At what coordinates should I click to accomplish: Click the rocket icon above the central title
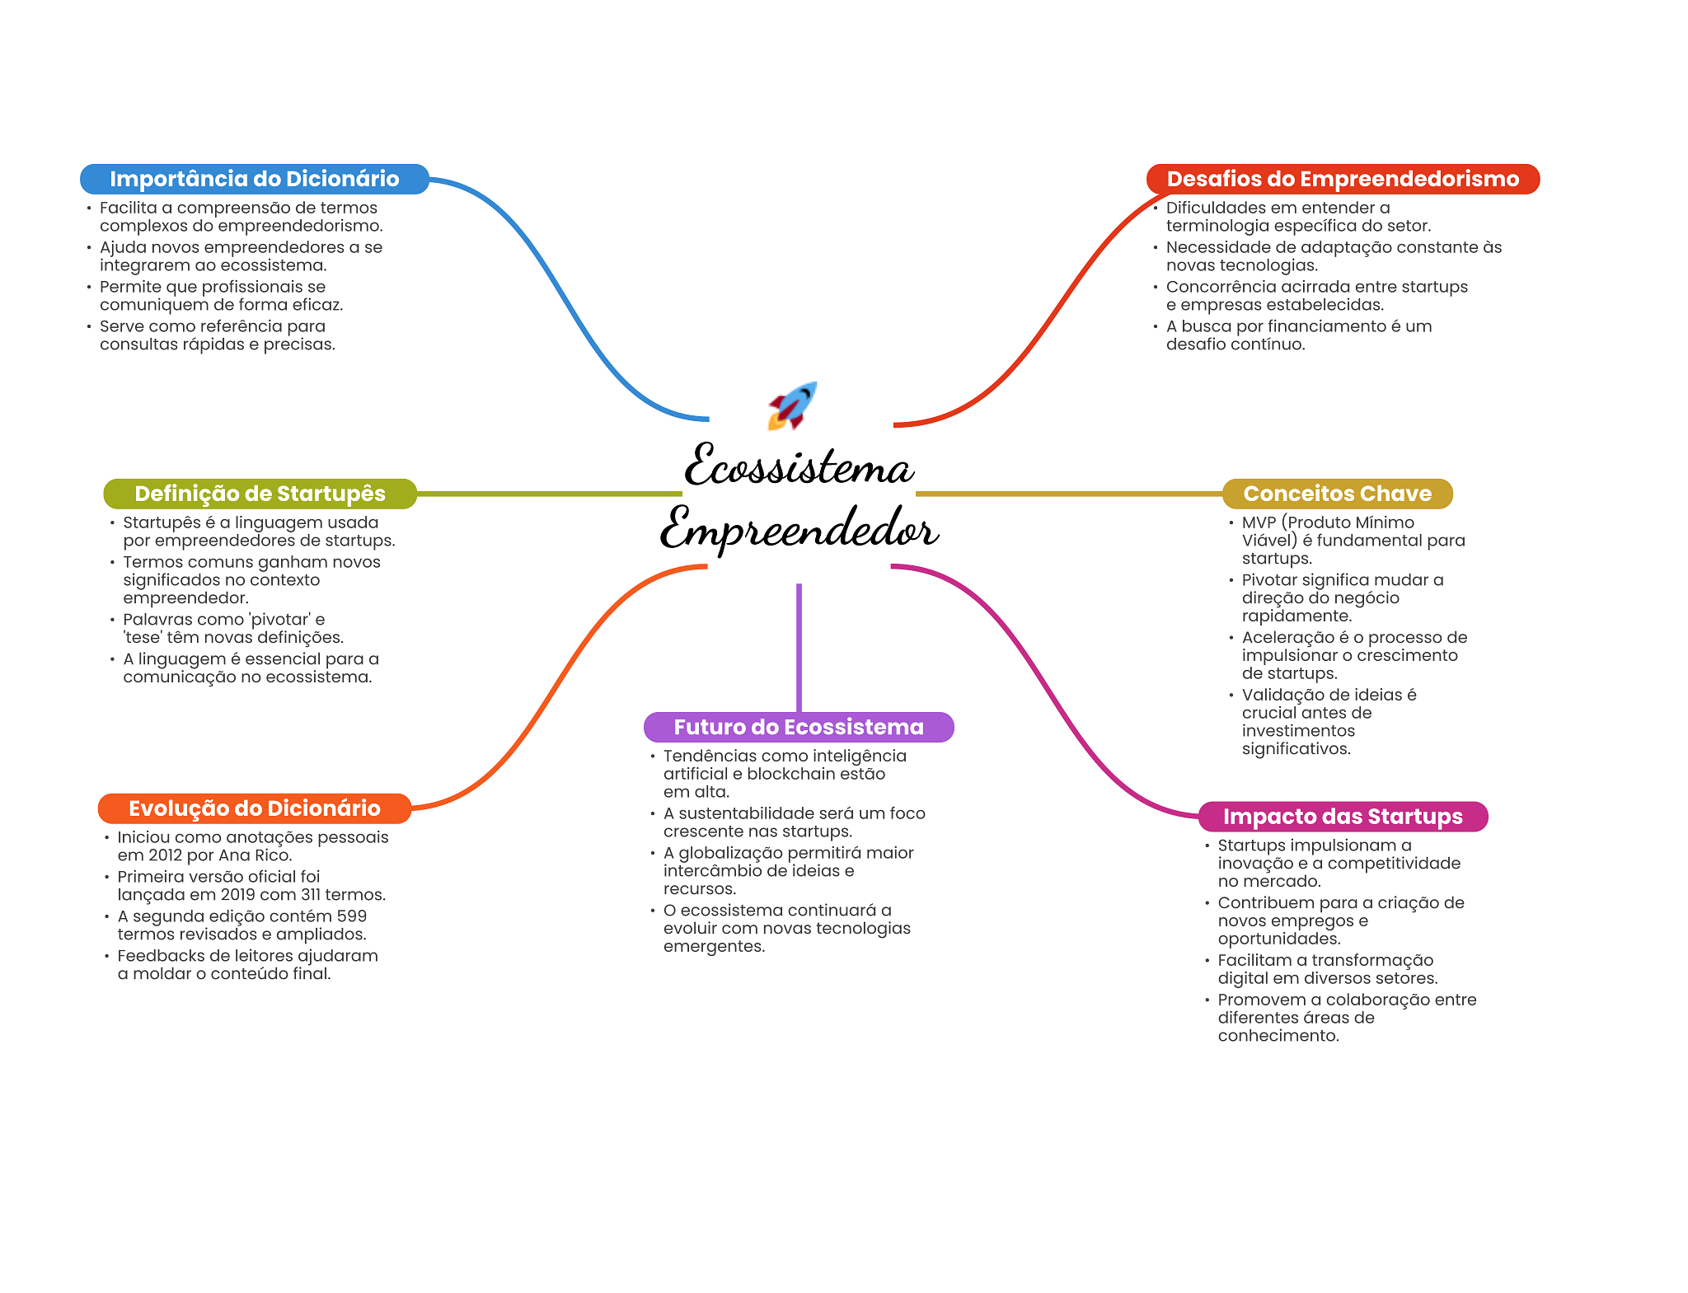[x=792, y=405]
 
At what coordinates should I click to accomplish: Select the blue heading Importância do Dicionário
[x=254, y=179]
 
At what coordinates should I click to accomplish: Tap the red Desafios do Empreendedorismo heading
[x=1342, y=179]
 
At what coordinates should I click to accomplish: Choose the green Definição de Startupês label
[x=260, y=494]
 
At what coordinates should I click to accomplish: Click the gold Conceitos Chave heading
[x=1337, y=494]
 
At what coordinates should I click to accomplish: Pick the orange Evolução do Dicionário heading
[x=254, y=808]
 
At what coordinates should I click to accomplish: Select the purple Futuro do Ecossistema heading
[x=798, y=727]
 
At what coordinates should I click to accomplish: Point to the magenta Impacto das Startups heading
[x=1342, y=817]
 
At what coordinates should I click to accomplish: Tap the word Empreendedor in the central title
[x=798, y=530]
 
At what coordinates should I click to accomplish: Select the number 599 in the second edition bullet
[x=351, y=916]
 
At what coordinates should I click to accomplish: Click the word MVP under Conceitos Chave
[x=1259, y=522]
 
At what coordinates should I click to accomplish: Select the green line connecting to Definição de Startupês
[x=548, y=494]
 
